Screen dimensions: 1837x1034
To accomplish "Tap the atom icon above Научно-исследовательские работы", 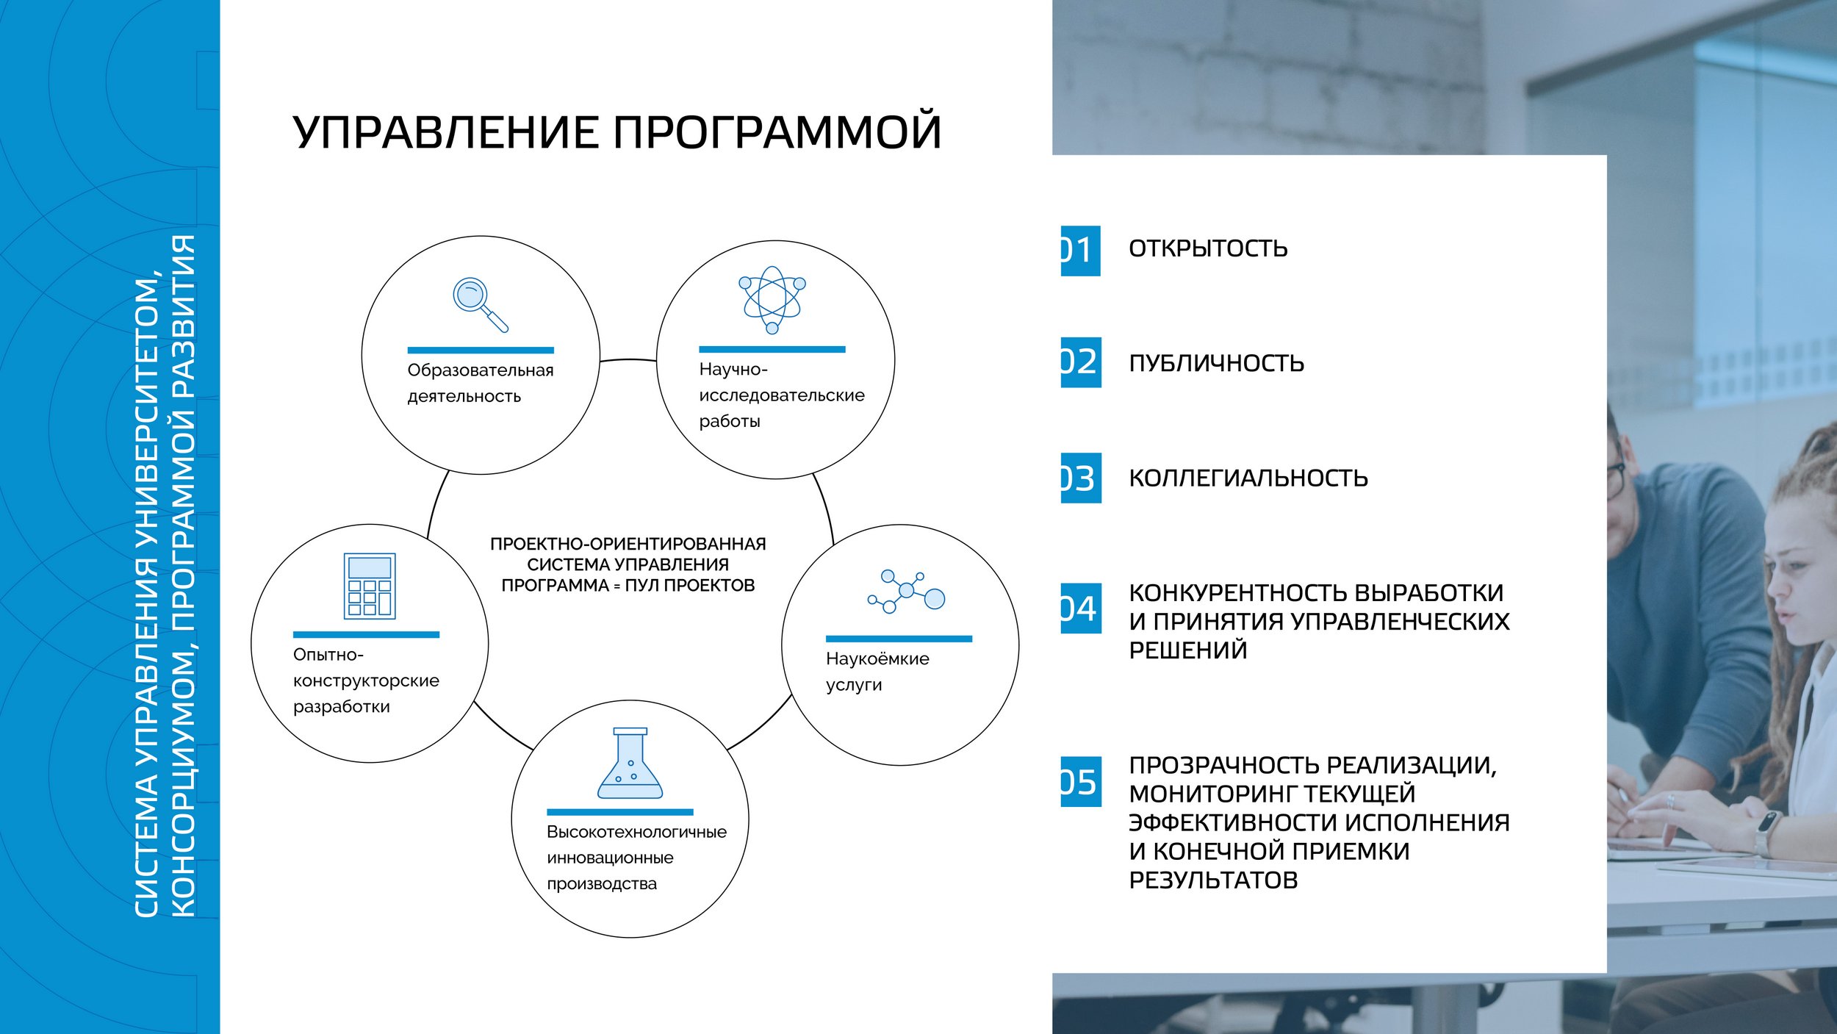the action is coord(772,300).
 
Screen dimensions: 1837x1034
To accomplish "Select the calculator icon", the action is coord(370,586).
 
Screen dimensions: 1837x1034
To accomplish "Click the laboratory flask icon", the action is coord(630,764).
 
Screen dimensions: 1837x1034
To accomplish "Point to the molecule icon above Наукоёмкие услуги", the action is coord(906,591).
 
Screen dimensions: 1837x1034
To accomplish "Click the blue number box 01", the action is coord(1080,251).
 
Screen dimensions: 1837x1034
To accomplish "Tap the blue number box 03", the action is coord(1081,478).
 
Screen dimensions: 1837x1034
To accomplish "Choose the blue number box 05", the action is coord(1081,781).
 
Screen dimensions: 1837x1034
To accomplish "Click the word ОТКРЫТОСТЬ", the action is coord(1208,248).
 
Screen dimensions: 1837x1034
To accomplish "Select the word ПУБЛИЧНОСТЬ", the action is coord(1216,363).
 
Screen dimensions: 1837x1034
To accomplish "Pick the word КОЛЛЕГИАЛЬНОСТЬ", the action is coord(1248,478).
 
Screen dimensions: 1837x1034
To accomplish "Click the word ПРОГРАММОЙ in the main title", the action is coord(777,132).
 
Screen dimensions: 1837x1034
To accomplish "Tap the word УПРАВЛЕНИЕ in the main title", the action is coord(445,133).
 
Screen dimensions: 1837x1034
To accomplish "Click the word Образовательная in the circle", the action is coord(481,370).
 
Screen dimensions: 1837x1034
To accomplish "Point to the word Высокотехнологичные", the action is coord(636,832).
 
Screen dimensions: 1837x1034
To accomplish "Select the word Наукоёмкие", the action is coord(877,658).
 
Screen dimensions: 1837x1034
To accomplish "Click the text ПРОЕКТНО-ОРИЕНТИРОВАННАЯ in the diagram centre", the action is coord(628,544).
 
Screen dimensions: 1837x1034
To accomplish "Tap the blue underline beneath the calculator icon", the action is coord(366,634).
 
